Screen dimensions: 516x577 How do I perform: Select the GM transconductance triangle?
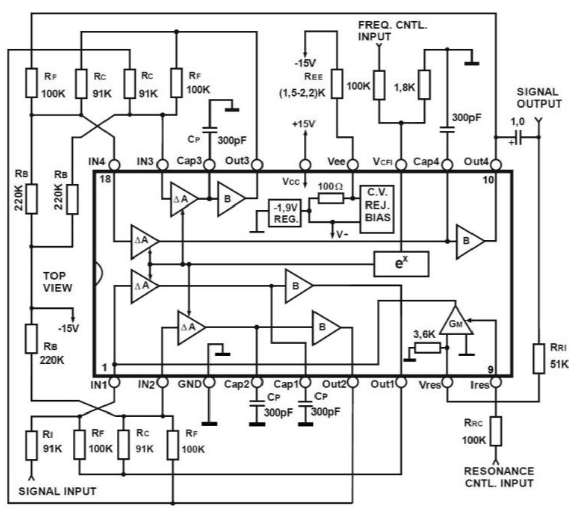point(456,322)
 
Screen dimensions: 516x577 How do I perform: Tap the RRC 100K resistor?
point(496,431)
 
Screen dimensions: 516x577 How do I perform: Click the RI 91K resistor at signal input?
point(31,445)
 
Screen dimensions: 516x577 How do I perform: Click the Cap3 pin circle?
point(209,165)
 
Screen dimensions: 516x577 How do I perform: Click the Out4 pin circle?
point(496,165)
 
